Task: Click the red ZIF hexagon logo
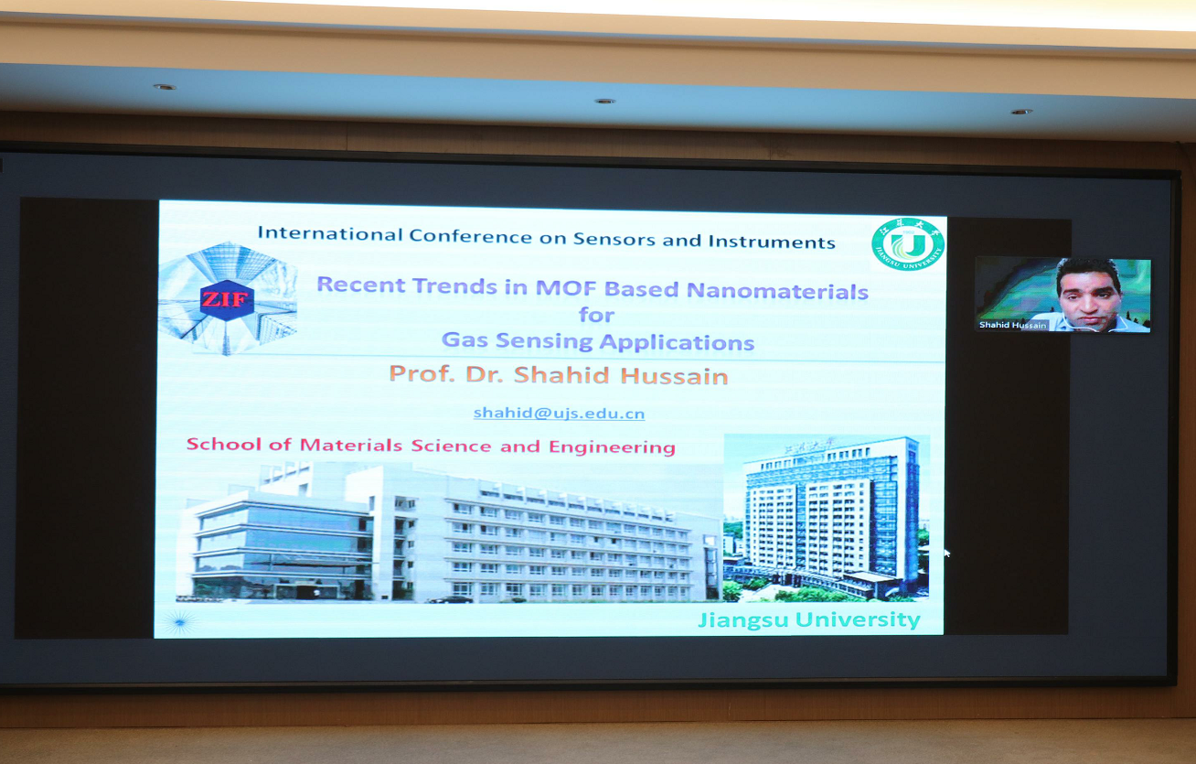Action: point(227,300)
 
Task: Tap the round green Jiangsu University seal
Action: point(908,244)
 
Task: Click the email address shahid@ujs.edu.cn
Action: point(559,413)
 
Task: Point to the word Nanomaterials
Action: point(777,291)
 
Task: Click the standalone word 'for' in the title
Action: point(596,315)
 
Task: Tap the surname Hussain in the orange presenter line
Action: point(675,376)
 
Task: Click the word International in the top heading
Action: point(330,233)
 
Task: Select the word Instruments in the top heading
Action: point(772,242)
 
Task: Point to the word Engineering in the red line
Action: point(612,447)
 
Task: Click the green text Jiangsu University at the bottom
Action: point(809,619)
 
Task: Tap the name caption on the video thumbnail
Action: point(1012,325)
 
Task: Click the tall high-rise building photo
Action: point(826,517)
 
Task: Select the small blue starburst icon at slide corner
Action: point(180,622)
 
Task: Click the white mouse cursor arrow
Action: point(947,554)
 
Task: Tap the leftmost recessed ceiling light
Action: point(165,87)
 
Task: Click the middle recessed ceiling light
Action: point(605,101)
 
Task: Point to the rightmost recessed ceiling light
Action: point(1021,112)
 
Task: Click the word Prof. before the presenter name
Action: point(422,373)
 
